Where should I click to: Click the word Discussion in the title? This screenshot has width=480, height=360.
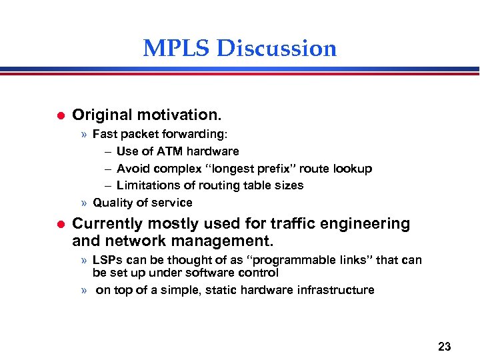277,49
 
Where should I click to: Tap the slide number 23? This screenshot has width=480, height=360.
445,346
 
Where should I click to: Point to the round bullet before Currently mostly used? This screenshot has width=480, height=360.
58,224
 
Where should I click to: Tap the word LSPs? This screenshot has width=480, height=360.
107,260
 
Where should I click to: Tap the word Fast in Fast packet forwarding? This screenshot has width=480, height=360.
105,134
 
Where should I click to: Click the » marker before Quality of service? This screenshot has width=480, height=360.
84,203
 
